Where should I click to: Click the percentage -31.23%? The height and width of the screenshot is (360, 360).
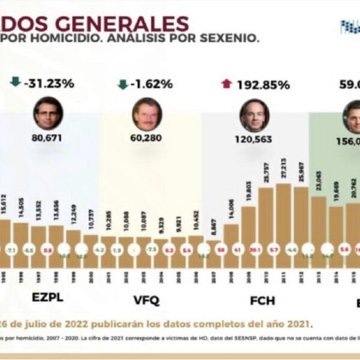coord(49,83)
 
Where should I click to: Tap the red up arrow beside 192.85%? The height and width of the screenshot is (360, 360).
coord(226,83)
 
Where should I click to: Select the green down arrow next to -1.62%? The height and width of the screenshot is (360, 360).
coord(122,84)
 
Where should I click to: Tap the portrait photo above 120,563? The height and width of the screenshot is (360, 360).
coord(254,115)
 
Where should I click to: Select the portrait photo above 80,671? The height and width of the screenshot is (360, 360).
coord(49,113)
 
